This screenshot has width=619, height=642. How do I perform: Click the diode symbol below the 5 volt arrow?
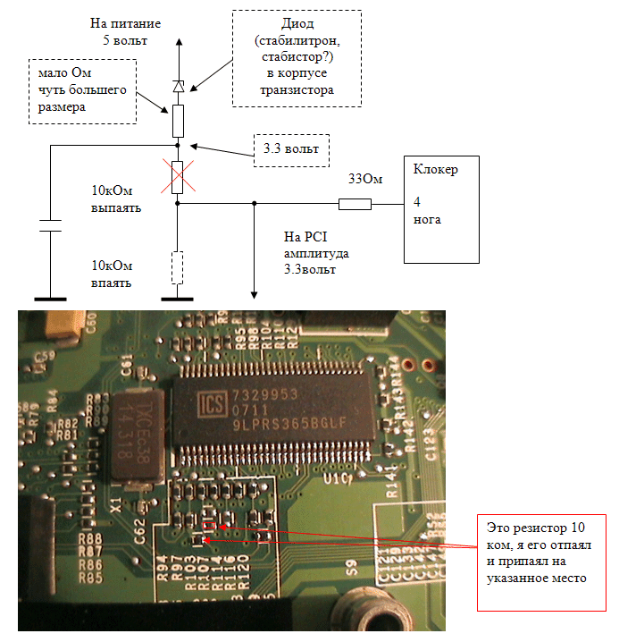pyautogui.click(x=178, y=87)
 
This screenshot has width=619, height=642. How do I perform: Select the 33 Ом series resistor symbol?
pyautogui.click(x=355, y=204)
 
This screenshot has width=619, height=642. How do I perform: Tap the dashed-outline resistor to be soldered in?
pyautogui.click(x=178, y=266)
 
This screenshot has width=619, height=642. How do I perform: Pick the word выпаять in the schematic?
pyautogui.click(x=116, y=207)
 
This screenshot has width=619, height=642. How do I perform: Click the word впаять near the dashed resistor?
pyautogui.click(x=112, y=283)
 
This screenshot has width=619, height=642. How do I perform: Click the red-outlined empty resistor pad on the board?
pyautogui.click(x=211, y=528)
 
